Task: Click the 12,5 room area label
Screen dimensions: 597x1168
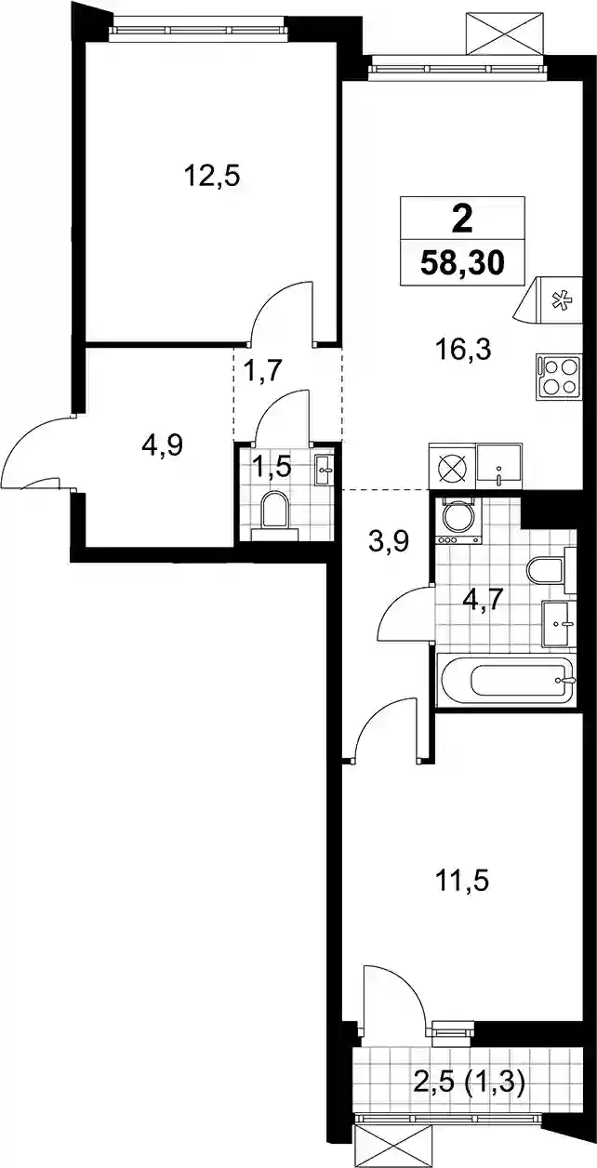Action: [x=212, y=177]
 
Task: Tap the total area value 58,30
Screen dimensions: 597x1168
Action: [x=462, y=263]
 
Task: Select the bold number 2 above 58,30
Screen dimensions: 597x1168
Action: [x=462, y=221]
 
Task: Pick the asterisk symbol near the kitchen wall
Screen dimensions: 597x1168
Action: [x=561, y=301]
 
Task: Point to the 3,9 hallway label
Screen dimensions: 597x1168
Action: [x=387, y=542]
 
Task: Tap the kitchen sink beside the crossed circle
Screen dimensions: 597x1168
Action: [x=499, y=466]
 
